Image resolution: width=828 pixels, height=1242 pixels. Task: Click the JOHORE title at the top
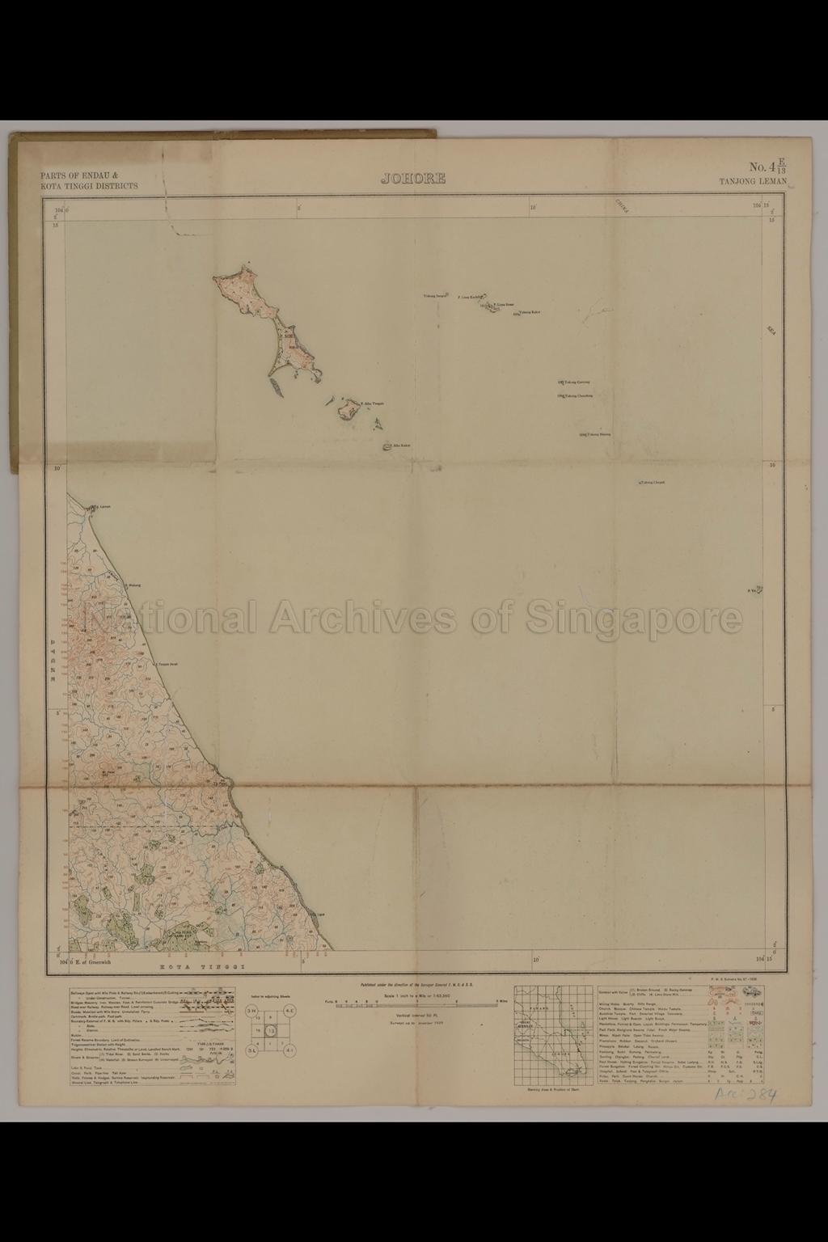[x=413, y=179]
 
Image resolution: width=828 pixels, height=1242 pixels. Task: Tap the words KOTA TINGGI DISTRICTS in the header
[x=89, y=186]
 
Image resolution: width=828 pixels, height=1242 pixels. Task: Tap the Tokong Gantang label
[x=577, y=382]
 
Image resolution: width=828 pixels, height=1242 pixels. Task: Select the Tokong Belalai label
[x=598, y=434]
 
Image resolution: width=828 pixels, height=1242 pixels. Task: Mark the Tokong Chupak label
[x=653, y=483]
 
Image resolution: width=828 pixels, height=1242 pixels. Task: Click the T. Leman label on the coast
[x=103, y=508]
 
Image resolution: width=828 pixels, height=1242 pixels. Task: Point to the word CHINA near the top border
[x=622, y=205]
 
